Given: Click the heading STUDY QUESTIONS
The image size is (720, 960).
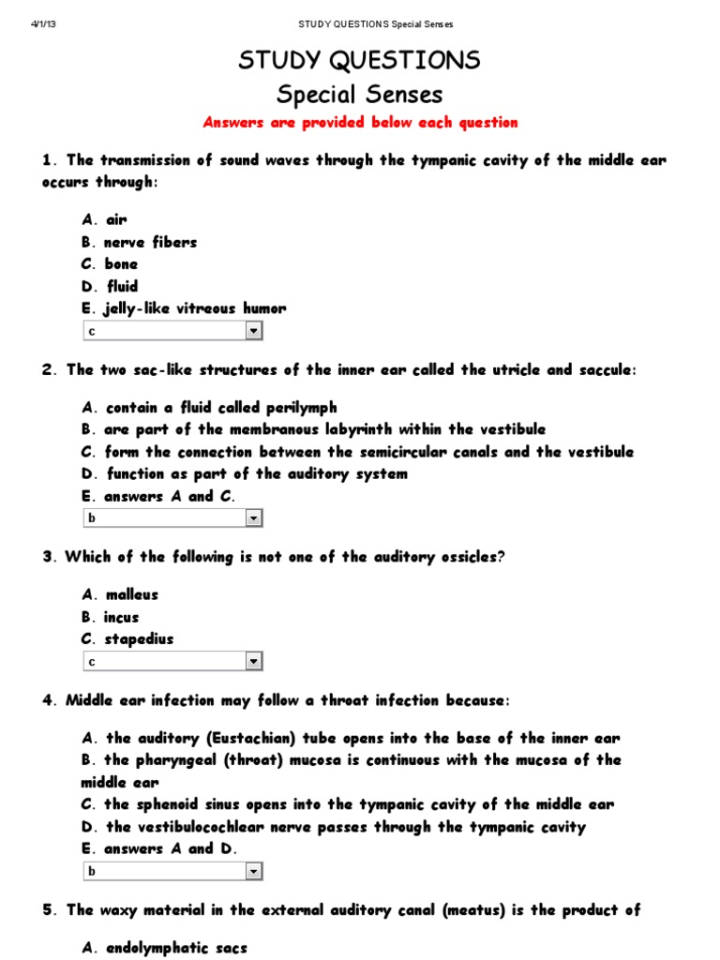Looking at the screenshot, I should [x=359, y=61].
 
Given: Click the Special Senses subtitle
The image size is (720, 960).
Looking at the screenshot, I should [x=359, y=95].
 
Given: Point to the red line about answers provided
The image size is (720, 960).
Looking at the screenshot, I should [x=360, y=123].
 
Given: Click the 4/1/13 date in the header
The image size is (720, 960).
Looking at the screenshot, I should [x=45, y=24].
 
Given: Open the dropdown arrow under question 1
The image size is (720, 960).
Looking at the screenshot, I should [x=253, y=331].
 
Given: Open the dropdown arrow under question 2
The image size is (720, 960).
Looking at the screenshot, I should [x=253, y=518].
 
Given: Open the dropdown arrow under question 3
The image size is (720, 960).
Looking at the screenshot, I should [x=253, y=662].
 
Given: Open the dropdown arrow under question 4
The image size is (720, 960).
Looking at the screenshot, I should [x=253, y=872].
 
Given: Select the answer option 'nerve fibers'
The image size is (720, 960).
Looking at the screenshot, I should [x=150, y=242].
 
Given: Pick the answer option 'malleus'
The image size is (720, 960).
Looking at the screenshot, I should [x=131, y=594].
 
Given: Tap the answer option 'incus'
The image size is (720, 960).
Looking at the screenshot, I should [x=121, y=617].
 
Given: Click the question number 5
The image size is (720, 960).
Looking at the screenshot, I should [x=47, y=909].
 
